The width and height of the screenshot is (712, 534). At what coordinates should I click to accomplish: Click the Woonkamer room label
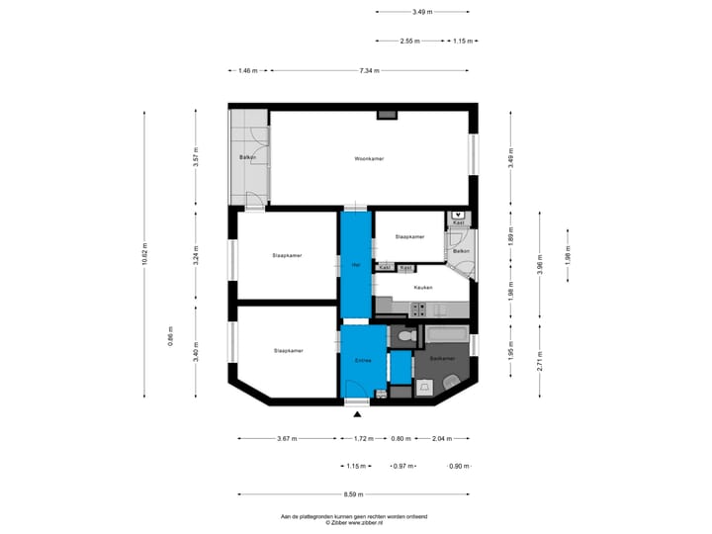click(x=369, y=158)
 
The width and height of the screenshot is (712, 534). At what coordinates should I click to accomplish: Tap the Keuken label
click(x=423, y=287)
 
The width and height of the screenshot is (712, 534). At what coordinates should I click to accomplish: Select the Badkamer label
click(x=443, y=358)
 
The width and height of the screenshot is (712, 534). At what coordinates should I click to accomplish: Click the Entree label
click(x=363, y=361)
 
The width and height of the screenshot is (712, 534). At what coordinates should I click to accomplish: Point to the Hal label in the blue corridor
click(x=355, y=264)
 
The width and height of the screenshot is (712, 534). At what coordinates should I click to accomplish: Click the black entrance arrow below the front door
click(x=356, y=416)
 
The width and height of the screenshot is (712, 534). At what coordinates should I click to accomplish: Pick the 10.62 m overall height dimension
click(x=144, y=255)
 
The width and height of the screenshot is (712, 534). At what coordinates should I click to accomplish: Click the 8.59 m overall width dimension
click(x=354, y=494)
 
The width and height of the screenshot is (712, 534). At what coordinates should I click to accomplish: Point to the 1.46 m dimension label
click(x=248, y=70)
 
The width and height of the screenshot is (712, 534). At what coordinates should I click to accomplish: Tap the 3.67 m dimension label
click(x=287, y=437)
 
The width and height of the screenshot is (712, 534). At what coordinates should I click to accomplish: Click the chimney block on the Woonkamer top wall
click(x=387, y=116)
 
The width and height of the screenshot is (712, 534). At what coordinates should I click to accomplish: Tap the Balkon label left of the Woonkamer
click(x=248, y=157)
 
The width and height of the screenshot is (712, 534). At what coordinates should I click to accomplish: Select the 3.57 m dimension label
click(x=197, y=158)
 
